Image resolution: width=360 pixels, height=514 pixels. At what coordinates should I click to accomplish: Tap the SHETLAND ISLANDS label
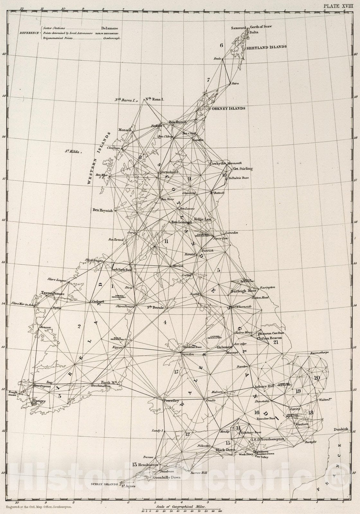coord(266,47)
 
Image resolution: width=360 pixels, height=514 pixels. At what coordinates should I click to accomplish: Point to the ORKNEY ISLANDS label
coord(228,109)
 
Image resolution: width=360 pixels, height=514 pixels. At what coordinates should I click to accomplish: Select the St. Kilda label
coord(72,151)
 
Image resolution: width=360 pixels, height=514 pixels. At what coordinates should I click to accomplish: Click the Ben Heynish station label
coord(103,210)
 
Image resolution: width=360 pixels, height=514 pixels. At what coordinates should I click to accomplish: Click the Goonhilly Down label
coord(166,478)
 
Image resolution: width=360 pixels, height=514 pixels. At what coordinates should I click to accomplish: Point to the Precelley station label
coord(171,401)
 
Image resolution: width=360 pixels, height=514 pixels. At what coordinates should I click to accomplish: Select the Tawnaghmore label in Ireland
coord(53,293)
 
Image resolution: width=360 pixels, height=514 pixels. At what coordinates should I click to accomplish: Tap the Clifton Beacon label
coord(269,338)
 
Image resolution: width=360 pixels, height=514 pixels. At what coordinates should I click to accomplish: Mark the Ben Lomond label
coord(181,222)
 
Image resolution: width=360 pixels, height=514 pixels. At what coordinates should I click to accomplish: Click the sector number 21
coord(276,342)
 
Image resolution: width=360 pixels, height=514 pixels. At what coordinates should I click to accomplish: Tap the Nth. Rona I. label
coord(155,100)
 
